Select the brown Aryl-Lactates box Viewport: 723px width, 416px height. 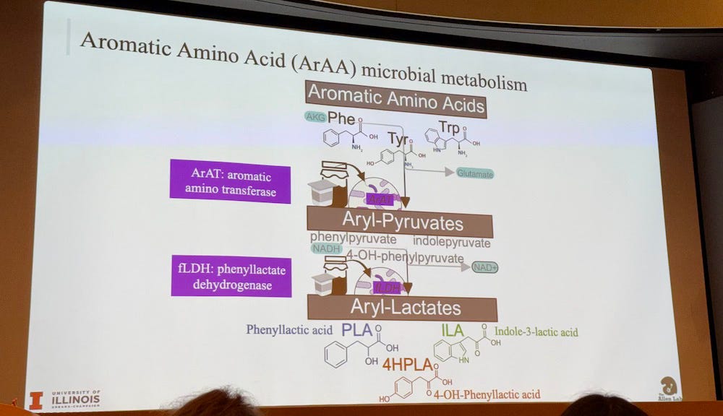402,307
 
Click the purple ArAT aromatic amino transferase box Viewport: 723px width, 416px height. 230,181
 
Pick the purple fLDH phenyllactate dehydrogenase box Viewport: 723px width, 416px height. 231,276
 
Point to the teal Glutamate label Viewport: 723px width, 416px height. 474,173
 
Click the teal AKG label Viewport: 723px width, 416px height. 315,117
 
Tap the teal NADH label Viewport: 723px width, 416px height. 325,248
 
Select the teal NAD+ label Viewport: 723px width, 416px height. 485,267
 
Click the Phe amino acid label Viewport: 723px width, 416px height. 342,117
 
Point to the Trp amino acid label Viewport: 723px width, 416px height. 449,128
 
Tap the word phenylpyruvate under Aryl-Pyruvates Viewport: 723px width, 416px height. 353,238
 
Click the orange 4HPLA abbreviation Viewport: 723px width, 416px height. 408,363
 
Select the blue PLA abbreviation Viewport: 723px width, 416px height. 356,331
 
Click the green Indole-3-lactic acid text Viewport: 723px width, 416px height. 536,332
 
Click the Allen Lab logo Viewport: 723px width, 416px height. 669,388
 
